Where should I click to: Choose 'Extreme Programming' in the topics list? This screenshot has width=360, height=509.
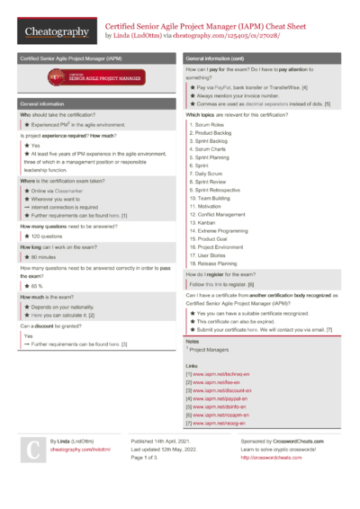[221, 231]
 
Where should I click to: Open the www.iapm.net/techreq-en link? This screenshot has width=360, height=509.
[222, 373]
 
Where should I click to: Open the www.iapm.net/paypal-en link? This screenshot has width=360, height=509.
[220, 397]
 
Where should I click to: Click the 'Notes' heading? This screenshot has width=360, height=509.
[193, 342]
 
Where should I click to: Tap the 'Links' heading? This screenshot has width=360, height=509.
[192, 365]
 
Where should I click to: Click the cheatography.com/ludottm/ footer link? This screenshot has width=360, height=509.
[81, 449]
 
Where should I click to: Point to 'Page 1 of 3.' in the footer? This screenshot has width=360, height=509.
[148, 457]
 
